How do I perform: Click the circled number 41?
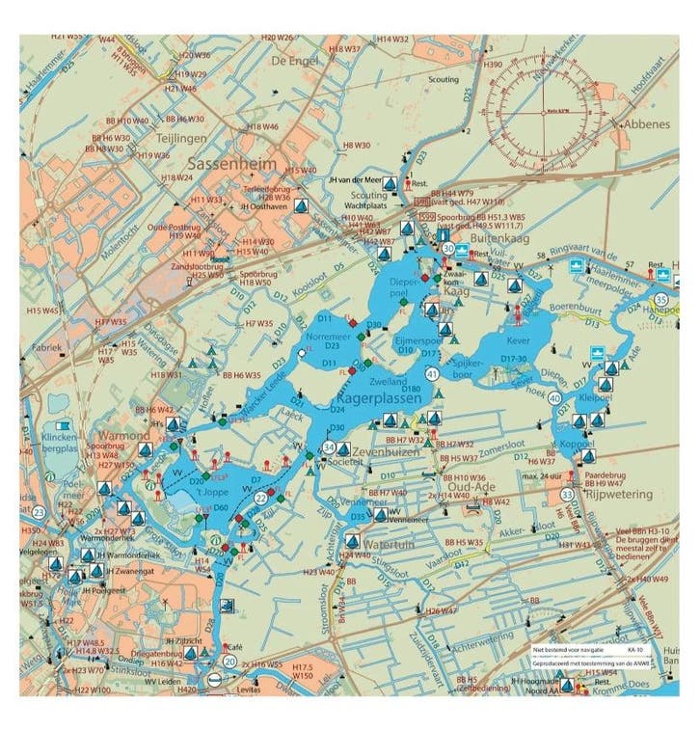point(432,373)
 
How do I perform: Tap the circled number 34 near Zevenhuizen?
point(329,447)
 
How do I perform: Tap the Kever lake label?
point(520,341)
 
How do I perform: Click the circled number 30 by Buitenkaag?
point(448,249)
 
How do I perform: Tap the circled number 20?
point(229,662)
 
